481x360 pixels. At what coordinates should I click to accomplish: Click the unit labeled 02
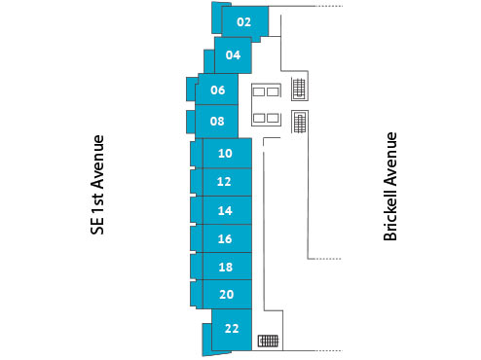243,21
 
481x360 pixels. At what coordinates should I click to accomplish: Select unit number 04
233,55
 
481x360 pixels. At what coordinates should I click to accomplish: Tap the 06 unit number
217,90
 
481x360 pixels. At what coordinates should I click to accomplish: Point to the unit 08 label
217,122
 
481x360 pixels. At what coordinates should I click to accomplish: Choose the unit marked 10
225,154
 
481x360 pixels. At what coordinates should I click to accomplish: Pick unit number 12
225,182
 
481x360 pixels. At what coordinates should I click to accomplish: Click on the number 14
225,210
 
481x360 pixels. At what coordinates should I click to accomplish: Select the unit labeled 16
225,238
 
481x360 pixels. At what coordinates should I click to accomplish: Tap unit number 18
225,267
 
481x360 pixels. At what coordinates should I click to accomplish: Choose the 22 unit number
232,328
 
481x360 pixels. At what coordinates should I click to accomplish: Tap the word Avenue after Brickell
390,158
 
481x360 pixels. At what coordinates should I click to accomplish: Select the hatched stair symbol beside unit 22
268,342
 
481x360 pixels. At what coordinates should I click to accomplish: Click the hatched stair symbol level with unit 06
299,90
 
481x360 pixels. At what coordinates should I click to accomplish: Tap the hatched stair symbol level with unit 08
300,123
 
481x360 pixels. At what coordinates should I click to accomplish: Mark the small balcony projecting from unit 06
191,90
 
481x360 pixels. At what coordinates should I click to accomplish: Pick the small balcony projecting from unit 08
191,122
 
